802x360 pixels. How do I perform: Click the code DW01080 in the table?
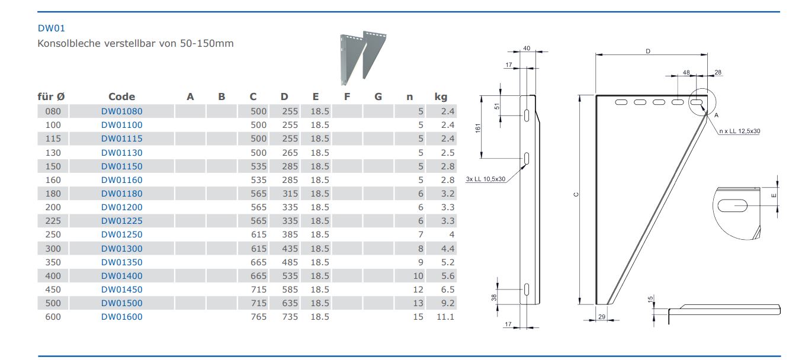pos(121,111)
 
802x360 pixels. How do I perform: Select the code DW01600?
pos(121,317)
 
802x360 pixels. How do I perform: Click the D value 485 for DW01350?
pos(290,262)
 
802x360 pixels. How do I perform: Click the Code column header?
pos(121,97)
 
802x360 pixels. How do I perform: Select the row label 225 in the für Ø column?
pos(53,221)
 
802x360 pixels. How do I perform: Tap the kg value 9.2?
pos(448,303)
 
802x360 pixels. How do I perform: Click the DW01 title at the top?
pos(47,27)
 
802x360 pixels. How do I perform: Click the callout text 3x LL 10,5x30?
pos(485,179)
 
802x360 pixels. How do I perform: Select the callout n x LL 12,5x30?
pos(740,131)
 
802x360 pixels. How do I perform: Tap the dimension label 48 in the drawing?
pos(686,72)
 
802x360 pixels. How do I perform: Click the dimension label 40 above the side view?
pos(527,49)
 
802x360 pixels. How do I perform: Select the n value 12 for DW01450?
pos(418,290)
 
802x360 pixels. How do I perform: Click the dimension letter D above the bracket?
pos(648,52)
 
